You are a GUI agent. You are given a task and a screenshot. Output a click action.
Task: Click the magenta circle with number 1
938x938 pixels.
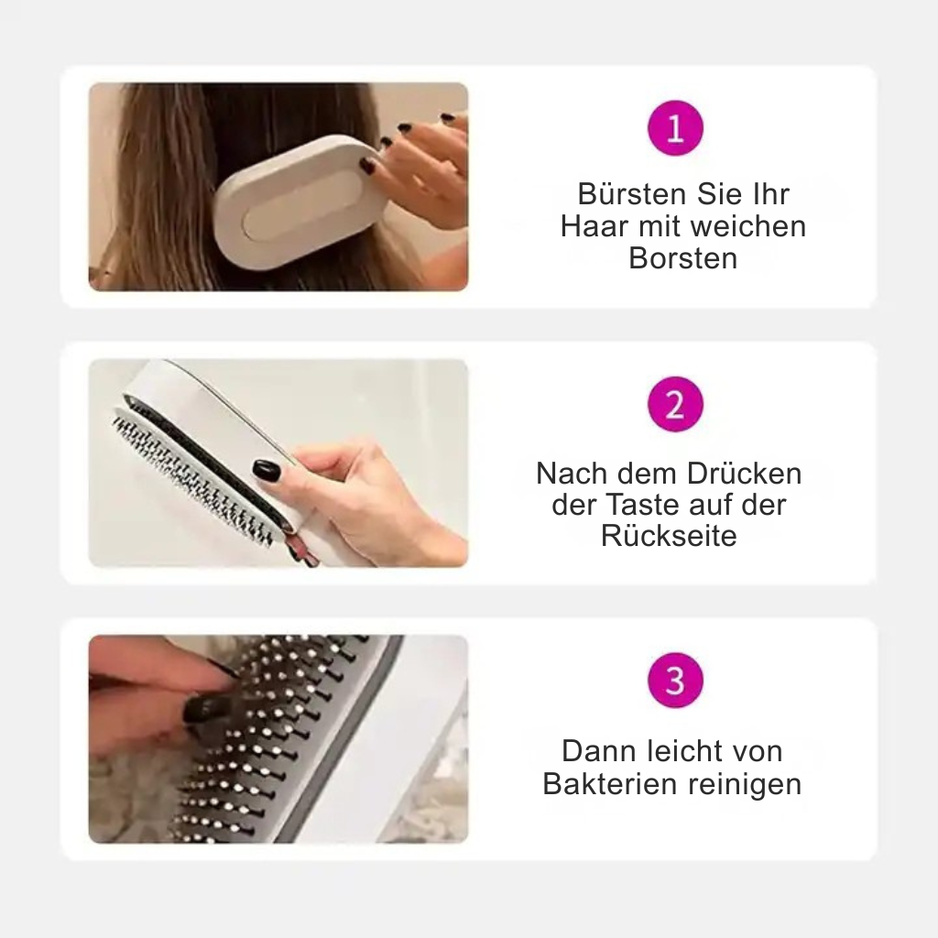pos(675,128)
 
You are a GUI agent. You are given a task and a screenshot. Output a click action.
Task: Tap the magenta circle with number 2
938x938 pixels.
pos(675,404)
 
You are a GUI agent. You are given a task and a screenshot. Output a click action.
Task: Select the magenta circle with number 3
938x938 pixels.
pos(675,681)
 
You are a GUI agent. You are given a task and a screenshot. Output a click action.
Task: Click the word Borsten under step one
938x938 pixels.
pos(683,258)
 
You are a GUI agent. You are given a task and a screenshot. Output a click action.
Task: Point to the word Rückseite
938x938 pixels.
pos(669,535)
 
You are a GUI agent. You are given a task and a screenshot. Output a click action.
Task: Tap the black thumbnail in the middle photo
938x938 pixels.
pos(267,471)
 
